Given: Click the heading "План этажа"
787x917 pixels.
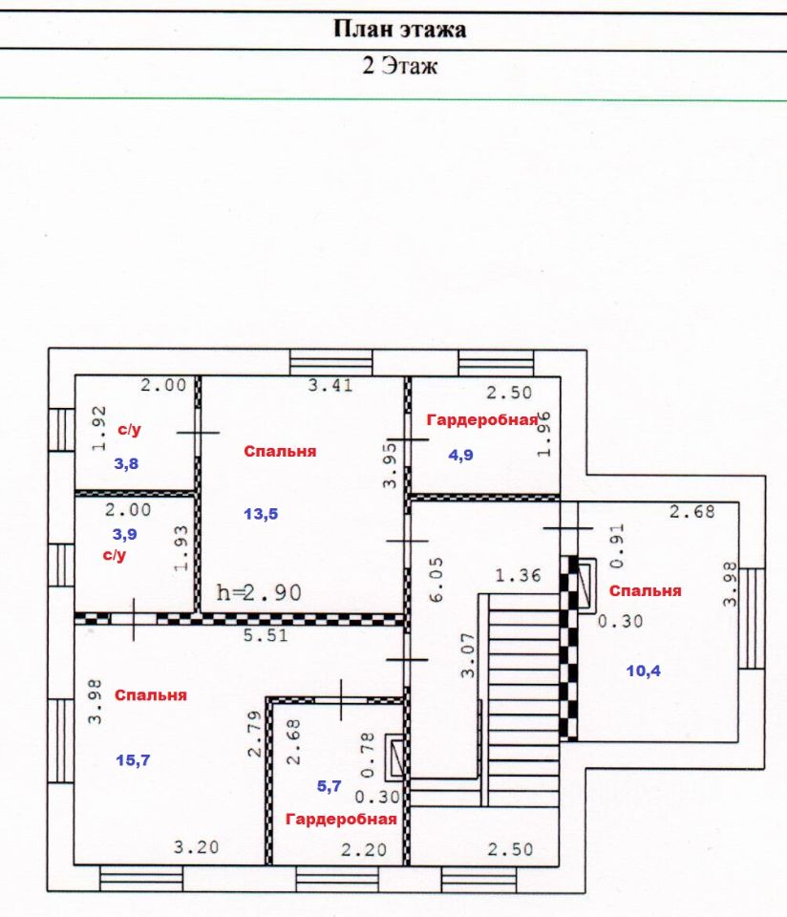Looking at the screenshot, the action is point(399,30).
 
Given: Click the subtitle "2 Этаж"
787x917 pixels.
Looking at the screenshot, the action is point(399,66).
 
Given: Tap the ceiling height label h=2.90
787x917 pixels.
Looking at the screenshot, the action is point(261,592).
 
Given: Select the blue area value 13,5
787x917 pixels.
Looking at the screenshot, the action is point(260,514).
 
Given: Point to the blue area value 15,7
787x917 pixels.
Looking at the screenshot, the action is point(133,759).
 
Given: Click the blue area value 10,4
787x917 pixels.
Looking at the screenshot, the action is point(643,671).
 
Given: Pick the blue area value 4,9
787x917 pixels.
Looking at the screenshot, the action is point(461,455).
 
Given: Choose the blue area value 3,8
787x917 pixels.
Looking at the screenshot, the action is point(127,464).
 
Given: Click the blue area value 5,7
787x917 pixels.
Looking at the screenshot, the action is point(329,786).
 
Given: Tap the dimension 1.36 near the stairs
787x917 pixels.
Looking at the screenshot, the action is point(518,575).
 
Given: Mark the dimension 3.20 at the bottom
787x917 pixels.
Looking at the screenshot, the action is point(196,846).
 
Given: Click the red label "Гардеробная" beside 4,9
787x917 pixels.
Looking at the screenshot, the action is point(481,419).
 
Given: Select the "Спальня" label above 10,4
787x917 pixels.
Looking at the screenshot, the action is point(645,590).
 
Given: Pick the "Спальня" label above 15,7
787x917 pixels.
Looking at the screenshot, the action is point(150,695).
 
